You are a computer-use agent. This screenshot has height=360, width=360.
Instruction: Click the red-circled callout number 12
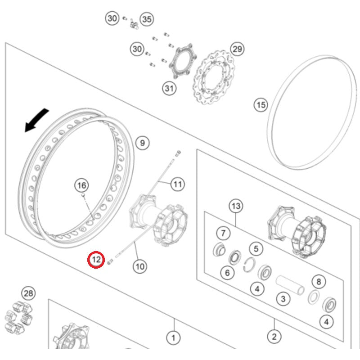pyautogui.click(x=95, y=260)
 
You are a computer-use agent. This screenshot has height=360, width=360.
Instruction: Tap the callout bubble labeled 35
pyautogui.click(x=147, y=19)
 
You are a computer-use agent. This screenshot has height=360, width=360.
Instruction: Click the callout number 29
pyautogui.click(x=237, y=49)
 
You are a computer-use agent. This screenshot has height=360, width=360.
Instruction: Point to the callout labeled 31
pyautogui.click(x=168, y=88)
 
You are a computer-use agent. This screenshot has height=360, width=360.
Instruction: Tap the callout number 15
pyautogui.click(x=261, y=105)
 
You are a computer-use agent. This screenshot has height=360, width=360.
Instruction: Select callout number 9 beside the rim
pyautogui.click(x=142, y=143)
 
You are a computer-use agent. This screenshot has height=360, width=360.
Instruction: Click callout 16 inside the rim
pyautogui.click(x=81, y=185)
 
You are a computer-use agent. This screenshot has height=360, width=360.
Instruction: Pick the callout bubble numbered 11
pyautogui.click(x=178, y=184)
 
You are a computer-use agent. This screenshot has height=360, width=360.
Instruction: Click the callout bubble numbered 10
pyautogui.click(x=139, y=266)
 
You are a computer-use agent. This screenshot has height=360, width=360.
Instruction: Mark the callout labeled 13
pyautogui.click(x=235, y=207)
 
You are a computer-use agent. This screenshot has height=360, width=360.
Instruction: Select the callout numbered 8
pyautogui.click(x=319, y=282)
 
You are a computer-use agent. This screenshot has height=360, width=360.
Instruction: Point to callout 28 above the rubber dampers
pyautogui.click(x=28, y=294)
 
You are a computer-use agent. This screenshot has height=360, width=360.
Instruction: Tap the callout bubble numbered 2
pyautogui.click(x=274, y=336)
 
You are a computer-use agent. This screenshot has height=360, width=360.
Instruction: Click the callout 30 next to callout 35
pyautogui.click(x=112, y=18)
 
